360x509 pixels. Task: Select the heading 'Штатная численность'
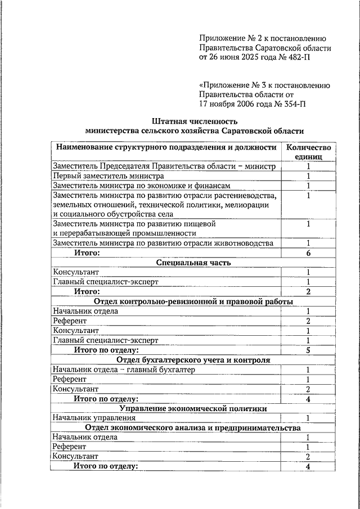[194, 121]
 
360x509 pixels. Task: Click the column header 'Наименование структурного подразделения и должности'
[165, 147]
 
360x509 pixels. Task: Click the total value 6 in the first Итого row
[308, 253]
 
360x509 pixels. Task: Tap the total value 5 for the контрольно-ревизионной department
[308, 350]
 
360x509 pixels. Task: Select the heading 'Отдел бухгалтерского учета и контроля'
[193, 360]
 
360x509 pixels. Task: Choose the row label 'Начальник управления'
[94, 418]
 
